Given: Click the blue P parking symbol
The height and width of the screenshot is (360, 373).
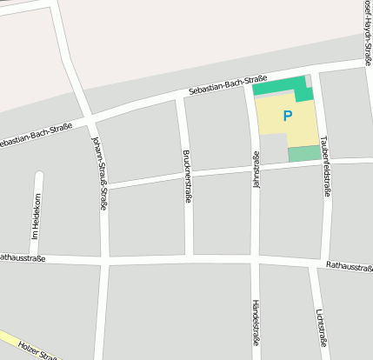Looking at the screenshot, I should tap(288, 116).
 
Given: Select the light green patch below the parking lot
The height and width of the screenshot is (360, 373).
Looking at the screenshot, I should tap(303, 153).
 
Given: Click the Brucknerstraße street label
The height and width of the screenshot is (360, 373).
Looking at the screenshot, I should tap(187, 177).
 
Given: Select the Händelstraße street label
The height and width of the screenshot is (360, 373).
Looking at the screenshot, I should tap(256, 323).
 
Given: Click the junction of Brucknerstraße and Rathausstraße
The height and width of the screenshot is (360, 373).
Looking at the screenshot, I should tap(190, 259).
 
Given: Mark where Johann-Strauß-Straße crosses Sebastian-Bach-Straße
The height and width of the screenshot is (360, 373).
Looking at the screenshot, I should tap(91, 118).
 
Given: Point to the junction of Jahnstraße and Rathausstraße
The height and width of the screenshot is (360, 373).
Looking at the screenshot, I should tap(255, 261).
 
